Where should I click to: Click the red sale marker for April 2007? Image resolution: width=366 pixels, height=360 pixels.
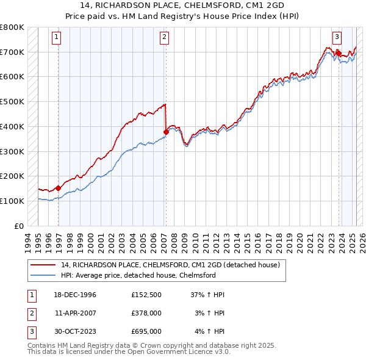166,131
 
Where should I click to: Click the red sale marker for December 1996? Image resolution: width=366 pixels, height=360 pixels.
59,188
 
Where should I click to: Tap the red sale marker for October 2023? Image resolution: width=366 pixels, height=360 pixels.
339,53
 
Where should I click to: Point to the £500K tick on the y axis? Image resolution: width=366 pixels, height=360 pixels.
12,101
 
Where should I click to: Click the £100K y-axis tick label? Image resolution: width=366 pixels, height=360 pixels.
12,201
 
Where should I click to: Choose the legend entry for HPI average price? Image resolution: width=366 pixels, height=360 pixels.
138,275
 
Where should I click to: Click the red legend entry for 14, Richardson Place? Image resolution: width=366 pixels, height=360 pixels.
170,265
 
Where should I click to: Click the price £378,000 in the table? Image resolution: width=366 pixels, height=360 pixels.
146,313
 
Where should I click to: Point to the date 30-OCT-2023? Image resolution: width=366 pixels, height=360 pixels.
76,331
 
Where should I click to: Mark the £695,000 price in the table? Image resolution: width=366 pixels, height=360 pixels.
146,331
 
